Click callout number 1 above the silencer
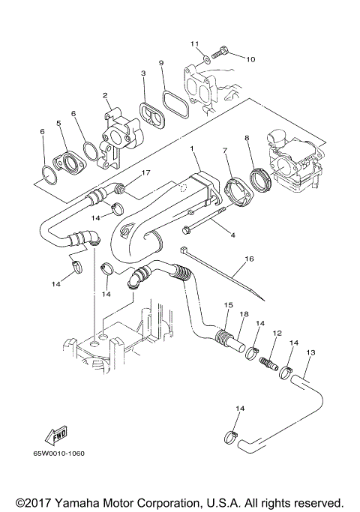click(193, 150)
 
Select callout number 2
click(106, 96)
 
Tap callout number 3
click(142, 73)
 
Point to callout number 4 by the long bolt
click(232, 235)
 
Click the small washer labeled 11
click(204, 56)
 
